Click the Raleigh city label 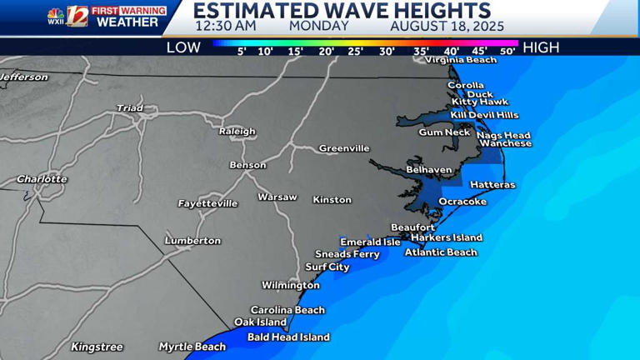237,132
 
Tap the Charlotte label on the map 42,179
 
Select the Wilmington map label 291,285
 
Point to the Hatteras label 492,185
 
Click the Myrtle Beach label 192,347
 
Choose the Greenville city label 344,148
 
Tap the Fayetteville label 207,203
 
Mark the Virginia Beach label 461,60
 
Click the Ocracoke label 462,202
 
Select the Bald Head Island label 288,337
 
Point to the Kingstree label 97,347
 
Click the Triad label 129,108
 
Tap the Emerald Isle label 370,242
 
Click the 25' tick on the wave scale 356,52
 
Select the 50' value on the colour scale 507,52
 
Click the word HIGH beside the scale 541,47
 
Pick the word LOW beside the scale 183,47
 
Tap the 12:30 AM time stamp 225,26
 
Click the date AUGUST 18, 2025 442,26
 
